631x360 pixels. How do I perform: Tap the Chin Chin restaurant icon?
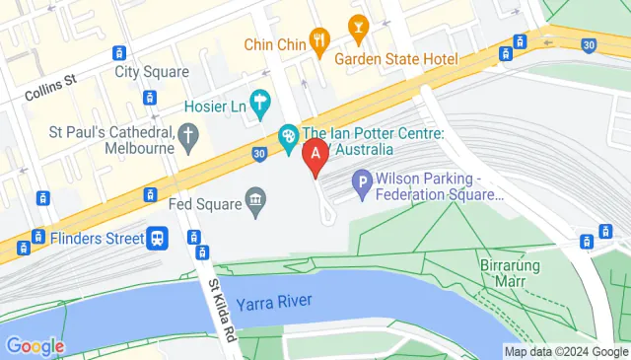click(x=318, y=40)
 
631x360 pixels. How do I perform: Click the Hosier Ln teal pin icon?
click(x=260, y=100)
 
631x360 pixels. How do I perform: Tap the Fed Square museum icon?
click(x=256, y=202)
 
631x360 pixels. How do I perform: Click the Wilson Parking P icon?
click(x=362, y=181)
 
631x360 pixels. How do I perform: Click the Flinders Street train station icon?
click(x=156, y=238)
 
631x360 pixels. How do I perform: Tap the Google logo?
click(x=35, y=346)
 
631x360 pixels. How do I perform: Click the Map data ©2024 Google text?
click(x=565, y=351)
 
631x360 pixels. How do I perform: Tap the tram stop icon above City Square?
click(x=118, y=52)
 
